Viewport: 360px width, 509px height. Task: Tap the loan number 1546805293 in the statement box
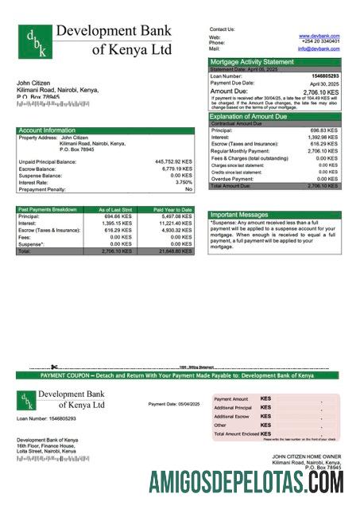[x=323, y=76]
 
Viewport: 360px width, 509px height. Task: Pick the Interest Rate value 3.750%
[x=179, y=182]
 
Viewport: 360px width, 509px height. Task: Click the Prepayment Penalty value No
[x=188, y=189]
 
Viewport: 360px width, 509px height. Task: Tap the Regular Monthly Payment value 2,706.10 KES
[x=322, y=150]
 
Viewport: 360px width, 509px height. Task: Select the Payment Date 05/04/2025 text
[x=174, y=404]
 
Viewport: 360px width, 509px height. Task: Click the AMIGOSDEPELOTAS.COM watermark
[x=246, y=483]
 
